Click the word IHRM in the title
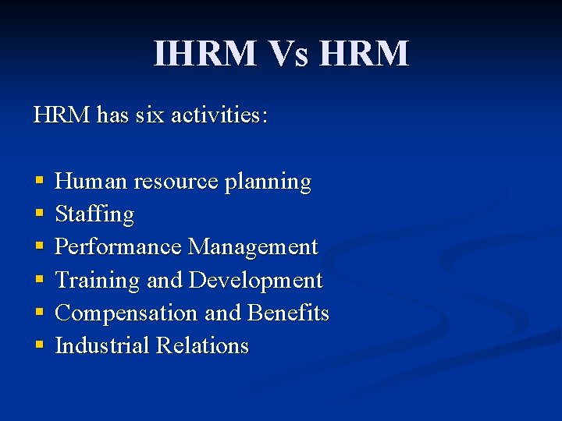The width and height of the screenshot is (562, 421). tap(205, 54)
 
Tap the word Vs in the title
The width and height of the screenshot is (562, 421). tap(290, 54)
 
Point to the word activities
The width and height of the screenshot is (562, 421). tap(219, 115)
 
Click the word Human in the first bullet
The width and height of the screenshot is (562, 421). tap(91, 182)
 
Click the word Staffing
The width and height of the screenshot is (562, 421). tap(94, 214)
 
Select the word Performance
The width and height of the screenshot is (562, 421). tap(119, 247)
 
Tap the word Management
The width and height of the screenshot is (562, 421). tap(253, 247)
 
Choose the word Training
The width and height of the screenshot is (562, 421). tap(98, 280)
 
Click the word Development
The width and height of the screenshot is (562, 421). tap(255, 280)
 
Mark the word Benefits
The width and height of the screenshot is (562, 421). tap(288, 313)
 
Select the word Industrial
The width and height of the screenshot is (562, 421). tap(102, 345)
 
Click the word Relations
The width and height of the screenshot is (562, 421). tap(202, 345)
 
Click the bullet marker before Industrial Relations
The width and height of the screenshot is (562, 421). tap(39, 345)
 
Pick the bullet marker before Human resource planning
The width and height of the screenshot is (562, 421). tap(39, 182)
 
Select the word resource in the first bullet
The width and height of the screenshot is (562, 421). tap(176, 182)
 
